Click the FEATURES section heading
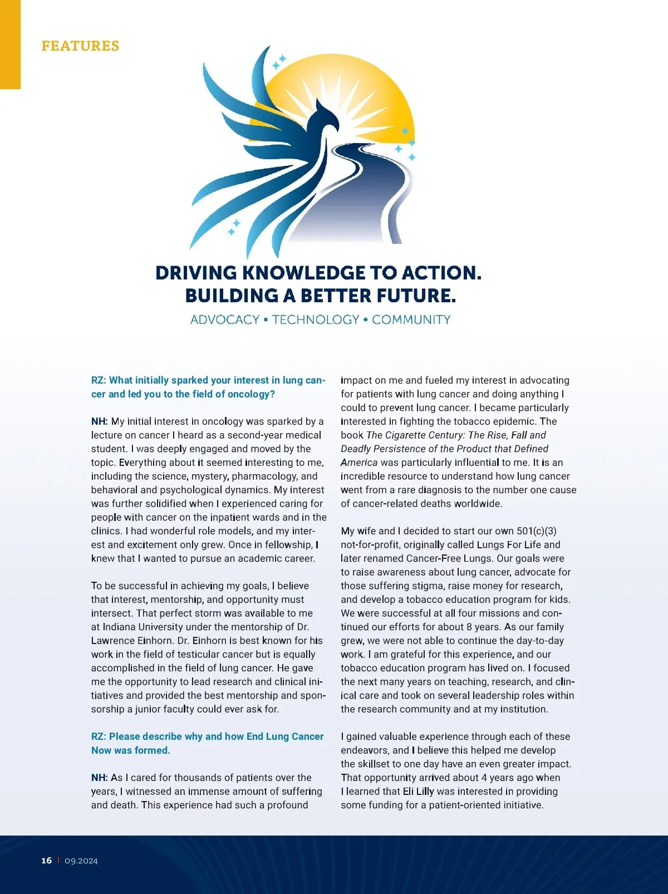tap(80, 46)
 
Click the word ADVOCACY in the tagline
tap(225, 320)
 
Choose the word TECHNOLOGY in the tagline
tap(316, 320)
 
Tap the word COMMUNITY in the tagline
tap(411, 320)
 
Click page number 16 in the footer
tap(47, 861)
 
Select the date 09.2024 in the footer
tap(81, 861)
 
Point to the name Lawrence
tap(113, 641)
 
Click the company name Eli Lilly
tap(418, 792)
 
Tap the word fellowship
tap(286, 545)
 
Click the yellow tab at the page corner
tap(10, 45)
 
